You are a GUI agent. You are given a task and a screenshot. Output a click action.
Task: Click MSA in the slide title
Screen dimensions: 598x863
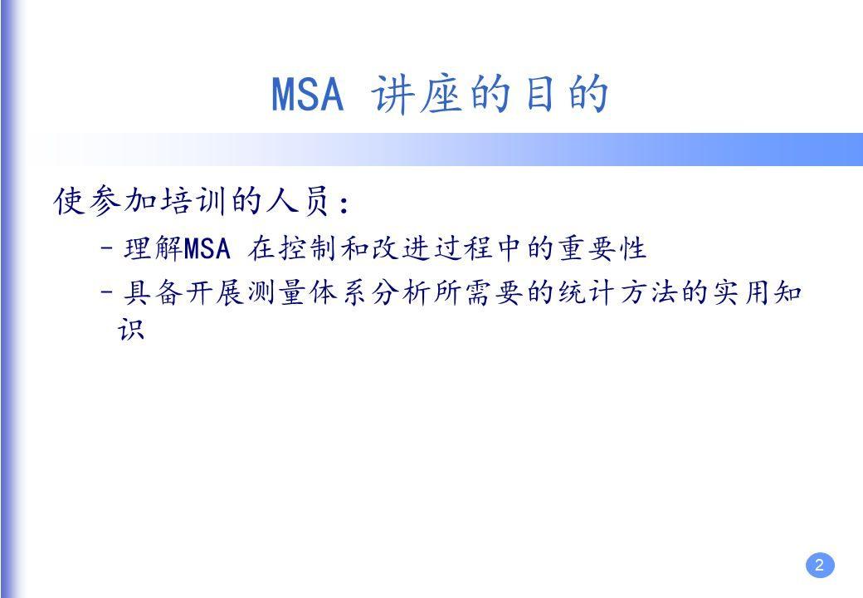[x=307, y=96]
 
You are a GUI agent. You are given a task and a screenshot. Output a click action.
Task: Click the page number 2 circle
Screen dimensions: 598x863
[x=819, y=566]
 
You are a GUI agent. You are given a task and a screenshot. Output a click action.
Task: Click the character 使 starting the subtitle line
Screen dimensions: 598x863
[x=69, y=202]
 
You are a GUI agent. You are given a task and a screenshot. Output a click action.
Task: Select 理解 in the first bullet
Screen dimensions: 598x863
[x=152, y=248]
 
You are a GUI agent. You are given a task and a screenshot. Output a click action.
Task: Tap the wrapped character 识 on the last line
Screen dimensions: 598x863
[x=132, y=330]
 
